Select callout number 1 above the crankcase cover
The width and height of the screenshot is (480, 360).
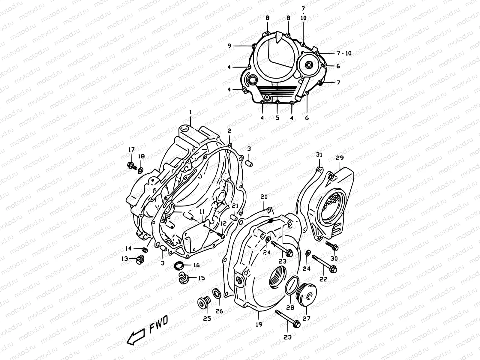pyautogui.click(x=190, y=112)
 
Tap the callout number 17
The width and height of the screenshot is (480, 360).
pyautogui.click(x=132, y=149)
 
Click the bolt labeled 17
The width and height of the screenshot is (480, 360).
pyautogui.click(x=132, y=165)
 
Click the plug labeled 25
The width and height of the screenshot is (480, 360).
pyautogui.click(x=203, y=304)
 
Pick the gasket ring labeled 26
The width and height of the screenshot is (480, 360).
pyautogui.click(x=216, y=292)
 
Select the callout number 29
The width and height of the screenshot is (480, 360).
pyautogui.click(x=340, y=158)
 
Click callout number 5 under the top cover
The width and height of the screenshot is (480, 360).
pyautogui.click(x=277, y=118)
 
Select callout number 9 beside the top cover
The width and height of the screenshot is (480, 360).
pyautogui.click(x=229, y=46)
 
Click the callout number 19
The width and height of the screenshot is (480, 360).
pyautogui.click(x=259, y=324)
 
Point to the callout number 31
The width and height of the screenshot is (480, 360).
pyautogui.click(x=319, y=155)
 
